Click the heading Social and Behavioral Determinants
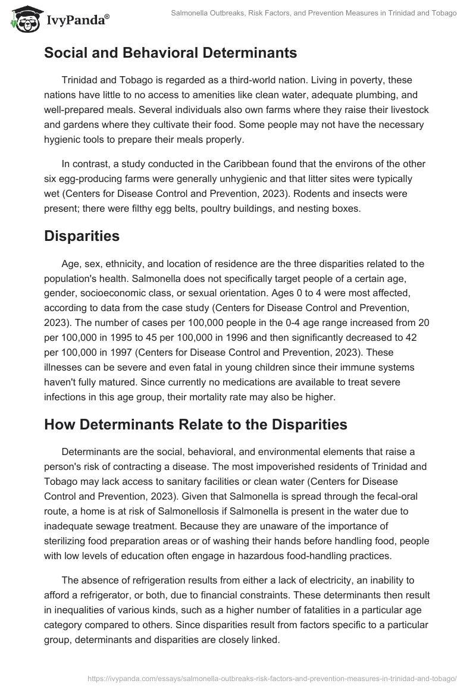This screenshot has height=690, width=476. pos(170,53)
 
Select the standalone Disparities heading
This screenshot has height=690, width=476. pos(82,236)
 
